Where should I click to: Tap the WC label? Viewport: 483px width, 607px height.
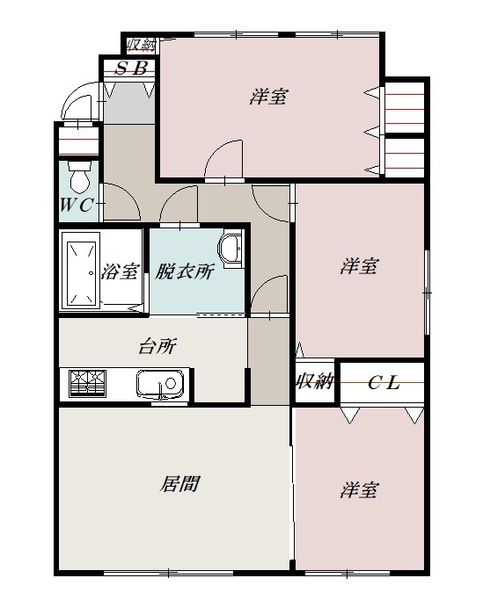[77, 208]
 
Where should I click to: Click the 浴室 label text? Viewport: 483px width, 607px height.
[121, 271]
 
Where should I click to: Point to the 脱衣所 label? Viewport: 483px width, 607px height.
[185, 271]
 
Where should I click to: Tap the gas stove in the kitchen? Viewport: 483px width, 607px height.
[90, 384]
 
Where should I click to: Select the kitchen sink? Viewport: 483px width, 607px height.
[160, 384]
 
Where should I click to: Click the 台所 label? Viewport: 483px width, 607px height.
[157, 346]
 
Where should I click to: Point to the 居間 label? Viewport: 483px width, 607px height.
[179, 483]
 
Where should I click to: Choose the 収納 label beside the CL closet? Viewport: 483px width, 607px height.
[313, 382]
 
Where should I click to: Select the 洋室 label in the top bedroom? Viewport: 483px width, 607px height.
[267, 97]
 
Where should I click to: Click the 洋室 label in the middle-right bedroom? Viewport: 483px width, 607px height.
[360, 265]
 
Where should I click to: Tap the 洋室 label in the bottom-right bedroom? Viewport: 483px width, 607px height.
[360, 489]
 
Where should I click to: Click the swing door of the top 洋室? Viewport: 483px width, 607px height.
[224, 158]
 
